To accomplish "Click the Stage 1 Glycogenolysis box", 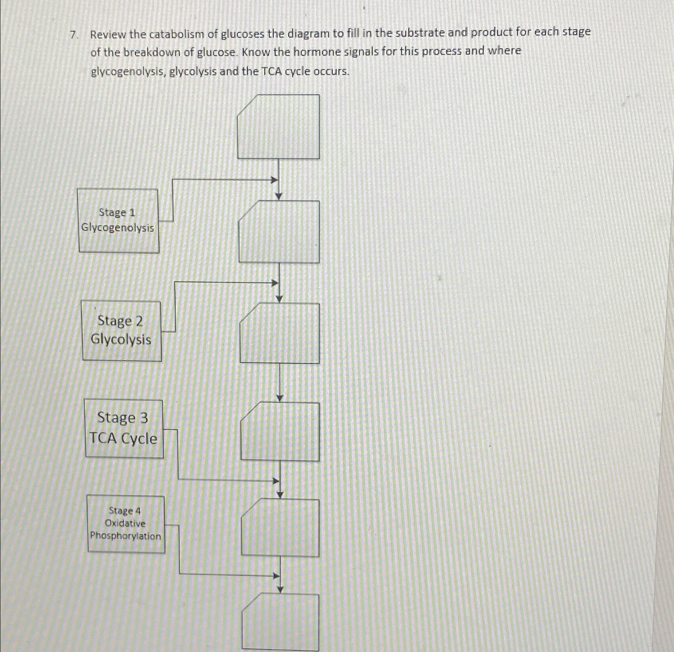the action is coord(118,221).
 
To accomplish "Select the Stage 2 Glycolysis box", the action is coord(122,331).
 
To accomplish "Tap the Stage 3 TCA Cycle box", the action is coord(124,428).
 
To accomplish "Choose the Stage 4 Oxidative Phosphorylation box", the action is coord(126,524).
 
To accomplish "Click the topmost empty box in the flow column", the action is coord(279,126).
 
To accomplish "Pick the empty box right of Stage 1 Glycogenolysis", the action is coord(279,232).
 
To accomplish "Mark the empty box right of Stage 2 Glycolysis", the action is coord(279,333).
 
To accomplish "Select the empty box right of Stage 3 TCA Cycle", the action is coord(280,431).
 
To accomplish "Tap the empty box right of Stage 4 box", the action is coord(280,527).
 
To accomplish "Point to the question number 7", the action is coord(73,35).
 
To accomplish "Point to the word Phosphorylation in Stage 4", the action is coord(126,536).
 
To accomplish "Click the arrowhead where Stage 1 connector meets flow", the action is coord(275,180).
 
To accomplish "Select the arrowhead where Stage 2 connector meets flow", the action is coord(275,283).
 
